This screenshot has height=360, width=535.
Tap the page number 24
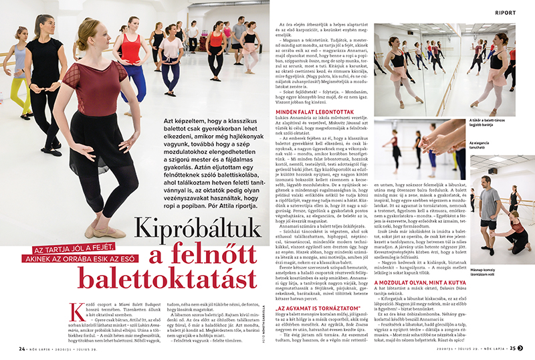pyautogui.click(x=22, y=348)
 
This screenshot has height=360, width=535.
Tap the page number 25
pyautogui.click(x=512, y=348)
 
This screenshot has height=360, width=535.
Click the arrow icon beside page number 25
pyautogui.click(x=522, y=348)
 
